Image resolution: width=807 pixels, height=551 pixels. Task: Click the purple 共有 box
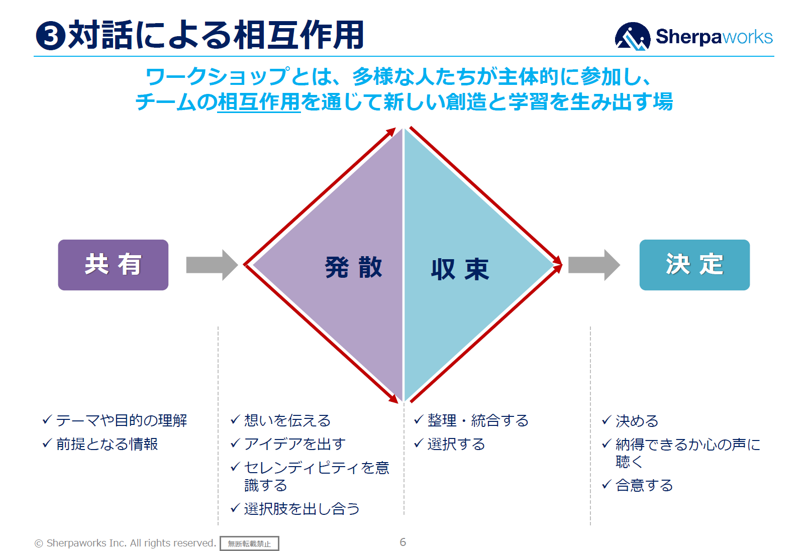pos(113,265)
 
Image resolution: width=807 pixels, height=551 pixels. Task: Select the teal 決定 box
pos(694,265)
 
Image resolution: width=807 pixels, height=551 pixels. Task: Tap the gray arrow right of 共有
pos(211,265)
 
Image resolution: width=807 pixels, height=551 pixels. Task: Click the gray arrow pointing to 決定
pos(593,265)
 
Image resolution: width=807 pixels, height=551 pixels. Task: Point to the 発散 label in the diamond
pos(353,267)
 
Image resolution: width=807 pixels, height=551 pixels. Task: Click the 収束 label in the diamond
pos(459,270)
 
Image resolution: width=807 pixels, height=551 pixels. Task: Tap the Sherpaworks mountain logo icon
pos(632,37)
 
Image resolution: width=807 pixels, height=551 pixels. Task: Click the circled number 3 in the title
pos(51,36)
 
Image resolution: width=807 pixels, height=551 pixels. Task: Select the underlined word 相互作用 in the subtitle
pos(259,102)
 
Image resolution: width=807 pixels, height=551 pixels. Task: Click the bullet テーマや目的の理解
pos(121,420)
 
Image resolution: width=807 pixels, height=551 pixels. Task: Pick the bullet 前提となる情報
pos(107,444)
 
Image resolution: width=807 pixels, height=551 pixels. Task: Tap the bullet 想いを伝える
pos(287,420)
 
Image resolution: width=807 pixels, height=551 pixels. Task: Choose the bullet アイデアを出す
pos(294,444)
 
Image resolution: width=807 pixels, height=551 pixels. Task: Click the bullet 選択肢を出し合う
pos(301,509)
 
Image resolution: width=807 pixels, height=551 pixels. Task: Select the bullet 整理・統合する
pos(477,420)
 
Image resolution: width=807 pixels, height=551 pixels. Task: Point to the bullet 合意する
pos(644,485)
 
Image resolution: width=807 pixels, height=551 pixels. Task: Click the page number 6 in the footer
pos(402,542)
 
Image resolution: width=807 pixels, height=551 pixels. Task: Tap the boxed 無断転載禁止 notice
pos(249,543)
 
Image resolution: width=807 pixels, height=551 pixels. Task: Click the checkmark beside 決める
pos(607,420)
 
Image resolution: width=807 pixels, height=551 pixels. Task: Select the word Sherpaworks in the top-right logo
pos(714,37)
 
